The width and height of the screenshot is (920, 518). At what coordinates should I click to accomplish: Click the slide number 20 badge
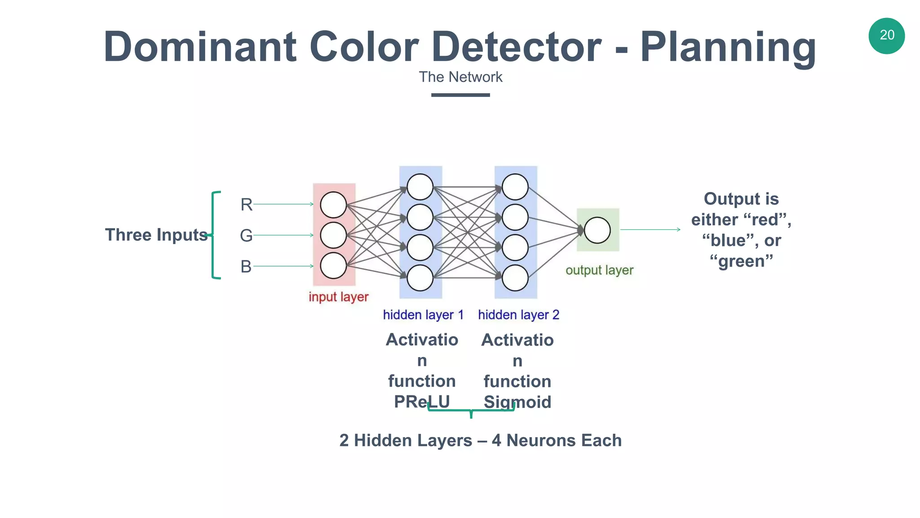pyautogui.click(x=886, y=36)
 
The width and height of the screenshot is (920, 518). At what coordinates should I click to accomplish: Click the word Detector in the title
pyautogui.click(x=517, y=47)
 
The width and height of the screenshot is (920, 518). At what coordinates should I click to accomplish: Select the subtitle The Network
pyautogui.click(x=460, y=77)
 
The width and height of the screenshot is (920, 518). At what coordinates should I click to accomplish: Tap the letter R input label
pyautogui.click(x=246, y=205)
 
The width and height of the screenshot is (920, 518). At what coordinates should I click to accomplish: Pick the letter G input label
pyautogui.click(x=246, y=235)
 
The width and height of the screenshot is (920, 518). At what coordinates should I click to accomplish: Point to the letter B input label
pyautogui.click(x=246, y=267)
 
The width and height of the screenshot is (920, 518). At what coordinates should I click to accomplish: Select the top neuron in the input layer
pyautogui.click(x=333, y=205)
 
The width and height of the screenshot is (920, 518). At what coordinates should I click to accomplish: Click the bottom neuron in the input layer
pyautogui.click(x=333, y=265)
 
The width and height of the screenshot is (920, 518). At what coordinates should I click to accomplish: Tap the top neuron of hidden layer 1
pyautogui.click(x=420, y=187)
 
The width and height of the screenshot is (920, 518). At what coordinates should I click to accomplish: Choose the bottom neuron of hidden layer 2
pyautogui.click(x=515, y=278)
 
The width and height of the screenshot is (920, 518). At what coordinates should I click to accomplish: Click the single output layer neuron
pyautogui.click(x=597, y=230)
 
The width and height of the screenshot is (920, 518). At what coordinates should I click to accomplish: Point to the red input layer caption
pyautogui.click(x=338, y=297)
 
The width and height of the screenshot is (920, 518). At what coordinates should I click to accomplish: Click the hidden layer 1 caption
pyautogui.click(x=423, y=315)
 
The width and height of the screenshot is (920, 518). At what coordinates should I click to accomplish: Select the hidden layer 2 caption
pyautogui.click(x=518, y=315)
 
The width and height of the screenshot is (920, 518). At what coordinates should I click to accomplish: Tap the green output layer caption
pyautogui.click(x=599, y=270)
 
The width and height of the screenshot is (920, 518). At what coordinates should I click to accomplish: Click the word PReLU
pyautogui.click(x=422, y=402)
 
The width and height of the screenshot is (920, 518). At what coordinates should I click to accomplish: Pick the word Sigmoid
pyautogui.click(x=517, y=402)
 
